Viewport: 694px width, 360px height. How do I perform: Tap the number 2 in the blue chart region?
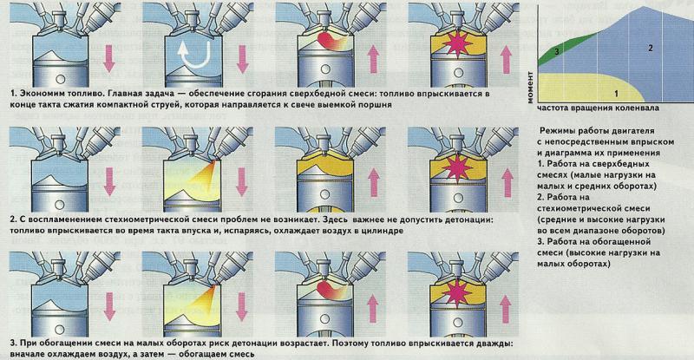coord(650,49)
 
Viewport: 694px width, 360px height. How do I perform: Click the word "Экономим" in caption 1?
coord(40,92)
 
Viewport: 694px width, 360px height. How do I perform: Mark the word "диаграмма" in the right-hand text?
coord(568,152)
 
